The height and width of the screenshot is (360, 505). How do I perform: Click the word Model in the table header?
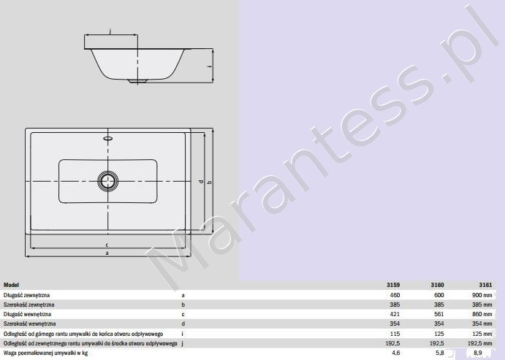click(12, 285)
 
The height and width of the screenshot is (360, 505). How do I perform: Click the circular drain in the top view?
click(109, 180)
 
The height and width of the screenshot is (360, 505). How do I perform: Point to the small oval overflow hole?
click(109, 139)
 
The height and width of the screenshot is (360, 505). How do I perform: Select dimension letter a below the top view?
click(107, 253)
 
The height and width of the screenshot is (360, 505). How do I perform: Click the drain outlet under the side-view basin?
click(135, 81)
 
